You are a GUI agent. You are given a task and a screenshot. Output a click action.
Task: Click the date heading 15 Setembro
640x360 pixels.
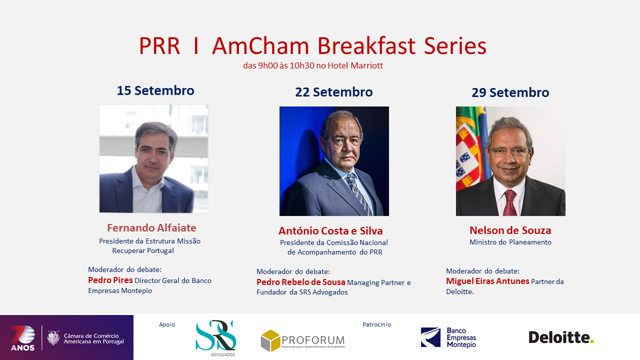pyautogui.click(x=155, y=90)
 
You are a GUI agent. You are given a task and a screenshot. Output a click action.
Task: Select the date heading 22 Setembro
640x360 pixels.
pyautogui.click(x=333, y=92)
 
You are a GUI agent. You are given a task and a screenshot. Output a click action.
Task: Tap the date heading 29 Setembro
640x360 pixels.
pyautogui.click(x=510, y=92)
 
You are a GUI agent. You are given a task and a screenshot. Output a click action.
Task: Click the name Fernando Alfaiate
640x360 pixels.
pyautogui.click(x=151, y=227)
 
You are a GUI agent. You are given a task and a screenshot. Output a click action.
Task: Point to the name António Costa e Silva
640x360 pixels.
pyautogui.click(x=330, y=230)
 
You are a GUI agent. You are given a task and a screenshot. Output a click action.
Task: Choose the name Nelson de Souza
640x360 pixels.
pyautogui.click(x=510, y=230)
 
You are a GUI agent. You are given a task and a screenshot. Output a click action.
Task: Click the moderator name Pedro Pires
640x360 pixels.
pyautogui.click(x=110, y=280)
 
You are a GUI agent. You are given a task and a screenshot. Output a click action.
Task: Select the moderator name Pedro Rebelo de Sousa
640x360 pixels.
pyautogui.click(x=301, y=282)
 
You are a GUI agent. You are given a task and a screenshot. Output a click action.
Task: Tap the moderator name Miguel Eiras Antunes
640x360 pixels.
pyautogui.click(x=487, y=281)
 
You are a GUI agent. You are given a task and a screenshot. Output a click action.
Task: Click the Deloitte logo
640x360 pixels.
pyautogui.click(x=561, y=337)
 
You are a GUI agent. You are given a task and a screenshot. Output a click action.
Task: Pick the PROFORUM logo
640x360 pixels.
pyautogui.click(x=302, y=341)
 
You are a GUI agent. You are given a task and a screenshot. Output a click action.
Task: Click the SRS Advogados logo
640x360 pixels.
pyautogui.click(x=216, y=338)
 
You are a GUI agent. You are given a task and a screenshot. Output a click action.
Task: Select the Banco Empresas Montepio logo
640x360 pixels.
pyautogui.click(x=448, y=337)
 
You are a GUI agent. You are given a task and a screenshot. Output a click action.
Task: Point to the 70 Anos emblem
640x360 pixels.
pyautogui.click(x=23, y=338)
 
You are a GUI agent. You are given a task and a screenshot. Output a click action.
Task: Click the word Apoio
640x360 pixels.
pyautogui.click(x=167, y=324)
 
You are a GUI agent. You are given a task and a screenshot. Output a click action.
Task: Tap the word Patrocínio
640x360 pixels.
pyautogui.click(x=376, y=324)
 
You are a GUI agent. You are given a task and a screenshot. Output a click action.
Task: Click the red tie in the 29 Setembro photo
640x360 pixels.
pyautogui.click(x=510, y=203)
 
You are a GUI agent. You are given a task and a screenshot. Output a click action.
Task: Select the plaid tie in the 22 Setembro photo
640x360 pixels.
pyautogui.click(x=358, y=194)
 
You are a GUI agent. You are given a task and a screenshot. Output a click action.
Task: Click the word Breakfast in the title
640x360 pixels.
pyautogui.click(x=366, y=46)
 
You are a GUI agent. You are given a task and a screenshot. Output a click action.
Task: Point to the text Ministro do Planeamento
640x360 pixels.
pyautogui.click(x=510, y=242)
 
